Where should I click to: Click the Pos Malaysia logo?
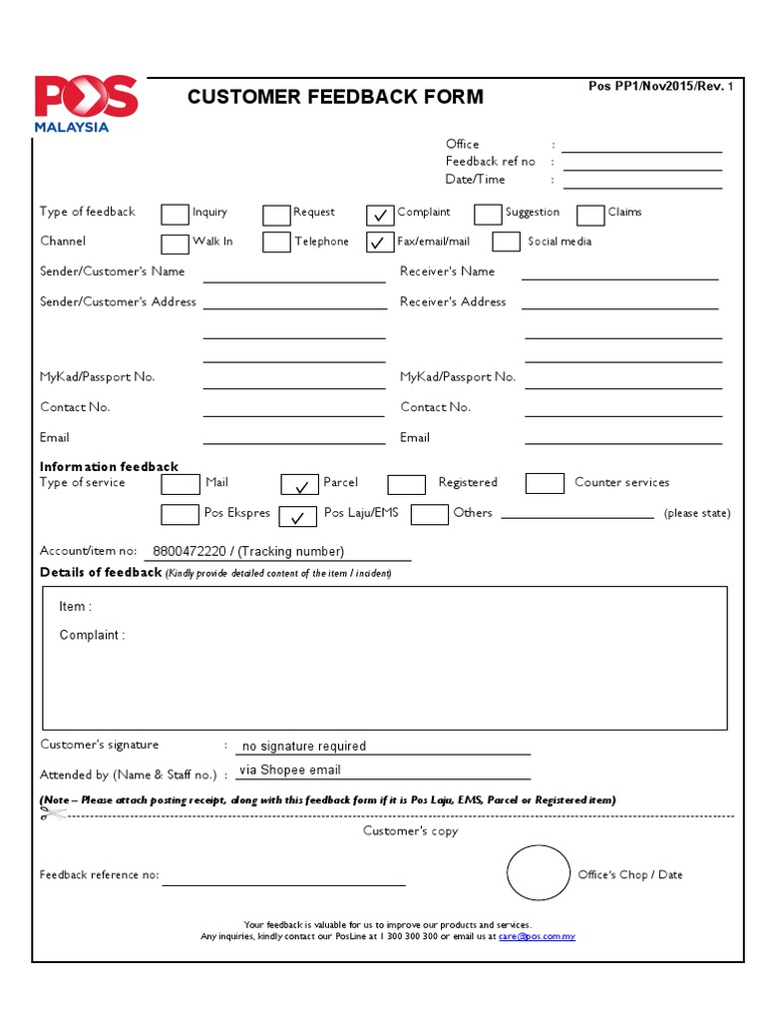(86, 103)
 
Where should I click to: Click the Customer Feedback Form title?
(335, 97)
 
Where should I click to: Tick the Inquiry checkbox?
(175, 214)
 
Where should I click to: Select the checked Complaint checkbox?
(380, 214)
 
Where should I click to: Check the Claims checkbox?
(590, 214)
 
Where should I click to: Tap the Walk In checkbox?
(175, 243)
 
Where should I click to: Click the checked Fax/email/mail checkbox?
(380, 243)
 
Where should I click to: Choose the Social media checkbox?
(507, 242)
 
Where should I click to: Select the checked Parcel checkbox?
(299, 484)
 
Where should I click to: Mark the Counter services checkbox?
(545, 483)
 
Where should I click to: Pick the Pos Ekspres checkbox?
(180, 514)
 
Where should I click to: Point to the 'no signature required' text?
(304, 747)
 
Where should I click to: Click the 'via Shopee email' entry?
(290, 770)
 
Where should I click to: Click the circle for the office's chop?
(539, 873)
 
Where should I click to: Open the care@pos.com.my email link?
(537, 937)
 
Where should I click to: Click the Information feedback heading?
(109, 467)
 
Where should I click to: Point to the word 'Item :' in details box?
(75, 607)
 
